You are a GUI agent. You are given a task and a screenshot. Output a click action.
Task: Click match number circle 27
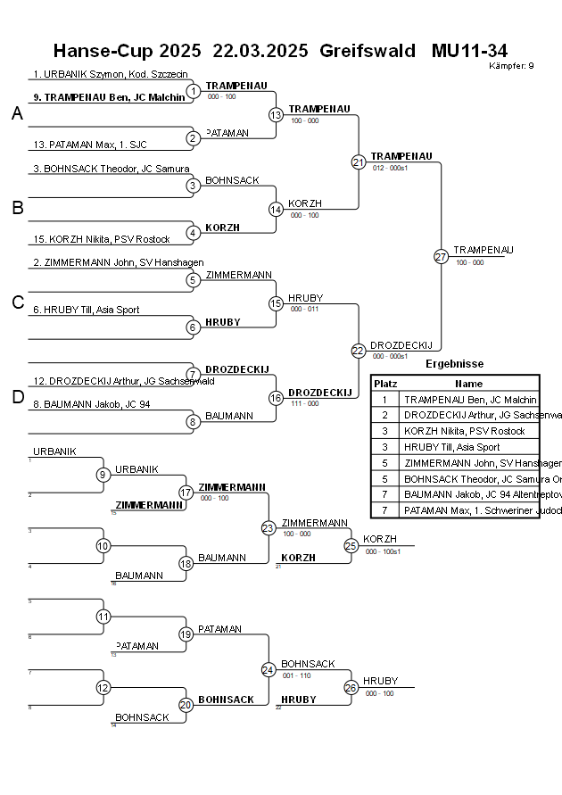[441, 256]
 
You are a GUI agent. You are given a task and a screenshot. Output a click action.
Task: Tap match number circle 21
[359, 161]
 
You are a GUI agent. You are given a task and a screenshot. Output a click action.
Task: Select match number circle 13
[277, 115]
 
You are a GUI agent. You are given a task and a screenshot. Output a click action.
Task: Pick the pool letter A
[17, 113]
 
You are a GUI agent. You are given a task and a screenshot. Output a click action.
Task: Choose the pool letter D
[17, 397]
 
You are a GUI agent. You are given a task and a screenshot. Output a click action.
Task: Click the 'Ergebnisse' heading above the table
[454, 363]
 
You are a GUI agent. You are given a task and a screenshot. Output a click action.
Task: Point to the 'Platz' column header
[385, 383]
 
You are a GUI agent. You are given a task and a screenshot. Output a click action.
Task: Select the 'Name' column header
[468, 383]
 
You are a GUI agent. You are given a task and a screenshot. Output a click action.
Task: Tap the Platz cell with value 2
[385, 416]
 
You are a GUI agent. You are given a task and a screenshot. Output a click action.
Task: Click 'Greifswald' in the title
[367, 51]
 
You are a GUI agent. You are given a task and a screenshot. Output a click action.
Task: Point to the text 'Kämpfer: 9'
[512, 66]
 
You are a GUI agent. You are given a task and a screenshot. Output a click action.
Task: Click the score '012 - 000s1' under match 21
[390, 168]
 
